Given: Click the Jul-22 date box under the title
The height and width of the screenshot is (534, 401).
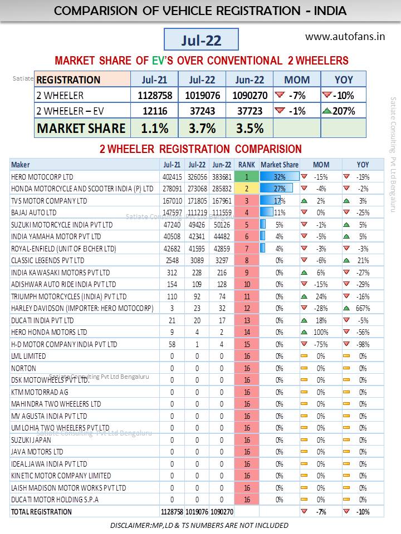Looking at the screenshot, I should tap(201, 39).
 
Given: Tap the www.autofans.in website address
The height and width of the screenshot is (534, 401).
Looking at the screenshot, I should tap(345, 37).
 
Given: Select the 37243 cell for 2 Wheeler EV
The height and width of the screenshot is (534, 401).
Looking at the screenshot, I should tap(202, 111).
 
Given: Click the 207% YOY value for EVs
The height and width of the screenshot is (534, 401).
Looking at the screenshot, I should tap(344, 111).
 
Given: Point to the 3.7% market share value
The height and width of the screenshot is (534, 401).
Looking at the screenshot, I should tap(202, 128).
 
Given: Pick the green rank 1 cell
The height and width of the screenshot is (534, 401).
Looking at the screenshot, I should tap(246, 176).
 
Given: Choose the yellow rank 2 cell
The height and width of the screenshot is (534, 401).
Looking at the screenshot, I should tap(246, 189).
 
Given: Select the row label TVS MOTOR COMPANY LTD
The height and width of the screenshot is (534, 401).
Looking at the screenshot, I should tap(49, 201).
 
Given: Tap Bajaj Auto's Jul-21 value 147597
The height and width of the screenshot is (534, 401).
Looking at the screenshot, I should tap(171, 212).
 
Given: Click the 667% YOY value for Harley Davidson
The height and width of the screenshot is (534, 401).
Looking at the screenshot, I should tap(362, 308).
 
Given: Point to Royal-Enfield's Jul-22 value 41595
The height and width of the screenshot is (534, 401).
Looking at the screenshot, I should tap(197, 248).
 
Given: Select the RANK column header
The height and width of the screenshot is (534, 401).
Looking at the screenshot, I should tap(246, 165).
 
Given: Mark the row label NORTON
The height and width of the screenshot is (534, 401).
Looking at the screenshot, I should tap(23, 368).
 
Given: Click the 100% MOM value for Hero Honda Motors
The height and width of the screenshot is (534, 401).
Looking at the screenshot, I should tap(320, 332).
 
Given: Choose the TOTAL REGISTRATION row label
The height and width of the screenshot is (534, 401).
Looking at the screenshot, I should tap(41, 512).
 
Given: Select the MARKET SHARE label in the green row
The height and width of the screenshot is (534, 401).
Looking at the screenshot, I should tap(81, 128).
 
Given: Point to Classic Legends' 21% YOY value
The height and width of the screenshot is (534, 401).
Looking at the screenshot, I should tap(363, 260).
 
